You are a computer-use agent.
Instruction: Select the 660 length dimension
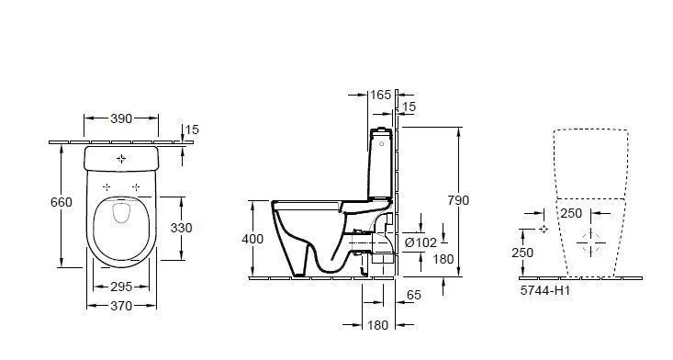point(61,202)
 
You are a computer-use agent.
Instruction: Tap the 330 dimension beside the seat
point(184,227)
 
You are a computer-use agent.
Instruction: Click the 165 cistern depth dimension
point(380,95)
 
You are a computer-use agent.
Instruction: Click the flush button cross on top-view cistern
point(122,159)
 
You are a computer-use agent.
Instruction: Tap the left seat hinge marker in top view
point(107,187)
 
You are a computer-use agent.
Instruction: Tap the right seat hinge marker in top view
point(137,187)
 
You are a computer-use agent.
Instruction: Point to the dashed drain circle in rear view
point(591,242)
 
